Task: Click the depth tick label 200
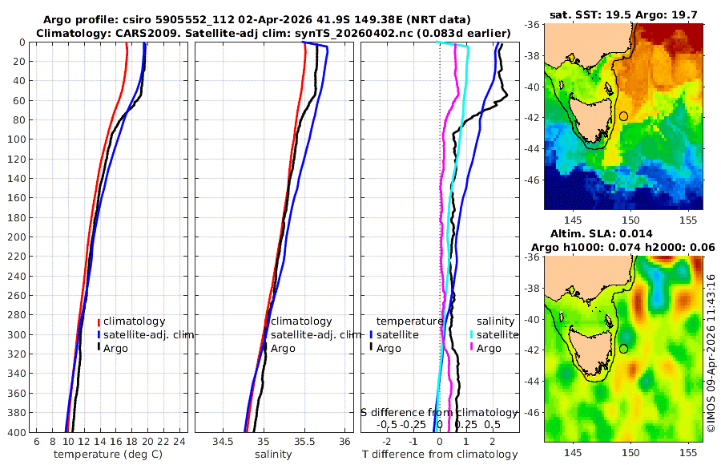pos(16,237)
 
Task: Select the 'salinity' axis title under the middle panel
pos(272,455)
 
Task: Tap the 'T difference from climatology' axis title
pos(440,455)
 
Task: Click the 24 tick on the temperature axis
pos(179,442)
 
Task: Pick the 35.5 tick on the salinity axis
pos(304,442)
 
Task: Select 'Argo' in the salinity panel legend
pos(283,348)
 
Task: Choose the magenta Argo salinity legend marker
pos(472,348)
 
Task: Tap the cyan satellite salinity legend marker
pos(472,334)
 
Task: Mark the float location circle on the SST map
pos(623,116)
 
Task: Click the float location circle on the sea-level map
pos(623,349)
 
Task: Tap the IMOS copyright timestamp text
pos(711,345)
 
